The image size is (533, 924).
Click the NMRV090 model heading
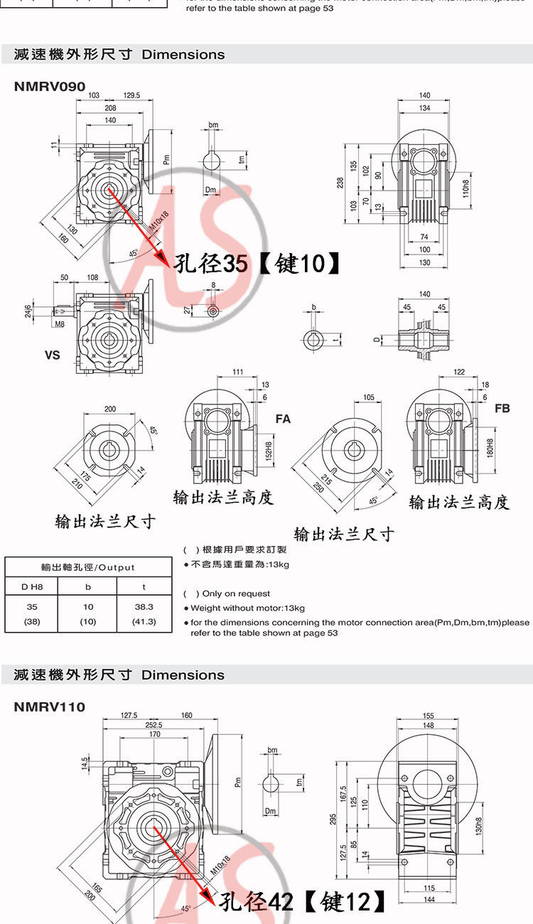tap(50, 87)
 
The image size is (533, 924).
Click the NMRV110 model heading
tap(50, 707)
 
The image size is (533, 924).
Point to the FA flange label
tap(283, 419)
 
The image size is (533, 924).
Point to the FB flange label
tap(502, 409)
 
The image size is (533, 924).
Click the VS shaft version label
tap(53, 355)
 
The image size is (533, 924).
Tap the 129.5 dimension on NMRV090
tap(131, 95)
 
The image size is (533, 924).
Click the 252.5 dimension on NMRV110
tap(154, 725)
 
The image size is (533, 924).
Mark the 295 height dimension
tap(333, 820)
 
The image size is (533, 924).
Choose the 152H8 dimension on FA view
tap(269, 449)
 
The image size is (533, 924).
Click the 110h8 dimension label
tap(467, 188)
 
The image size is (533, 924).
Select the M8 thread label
tap(60, 325)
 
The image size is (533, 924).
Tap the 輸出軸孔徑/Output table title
tap(87, 567)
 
